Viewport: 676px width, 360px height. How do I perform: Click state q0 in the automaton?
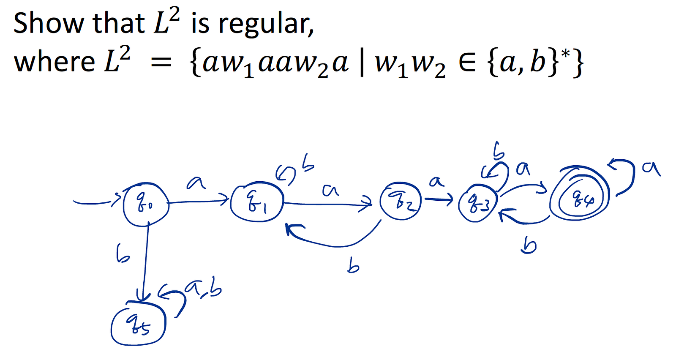(x=146, y=205)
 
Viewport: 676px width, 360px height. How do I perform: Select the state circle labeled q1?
(x=256, y=204)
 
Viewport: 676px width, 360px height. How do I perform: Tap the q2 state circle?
(x=400, y=202)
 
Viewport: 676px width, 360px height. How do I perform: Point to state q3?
(x=478, y=204)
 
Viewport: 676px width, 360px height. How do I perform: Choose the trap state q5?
(x=138, y=325)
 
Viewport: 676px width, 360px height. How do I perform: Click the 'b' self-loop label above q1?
(x=308, y=164)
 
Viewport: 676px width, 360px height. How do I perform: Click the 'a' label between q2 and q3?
(x=436, y=182)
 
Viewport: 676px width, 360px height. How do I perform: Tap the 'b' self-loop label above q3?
(x=499, y=150)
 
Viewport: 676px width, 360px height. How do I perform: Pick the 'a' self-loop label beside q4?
(x=651, y=168)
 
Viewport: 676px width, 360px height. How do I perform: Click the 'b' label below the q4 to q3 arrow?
(x=529, y=245)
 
